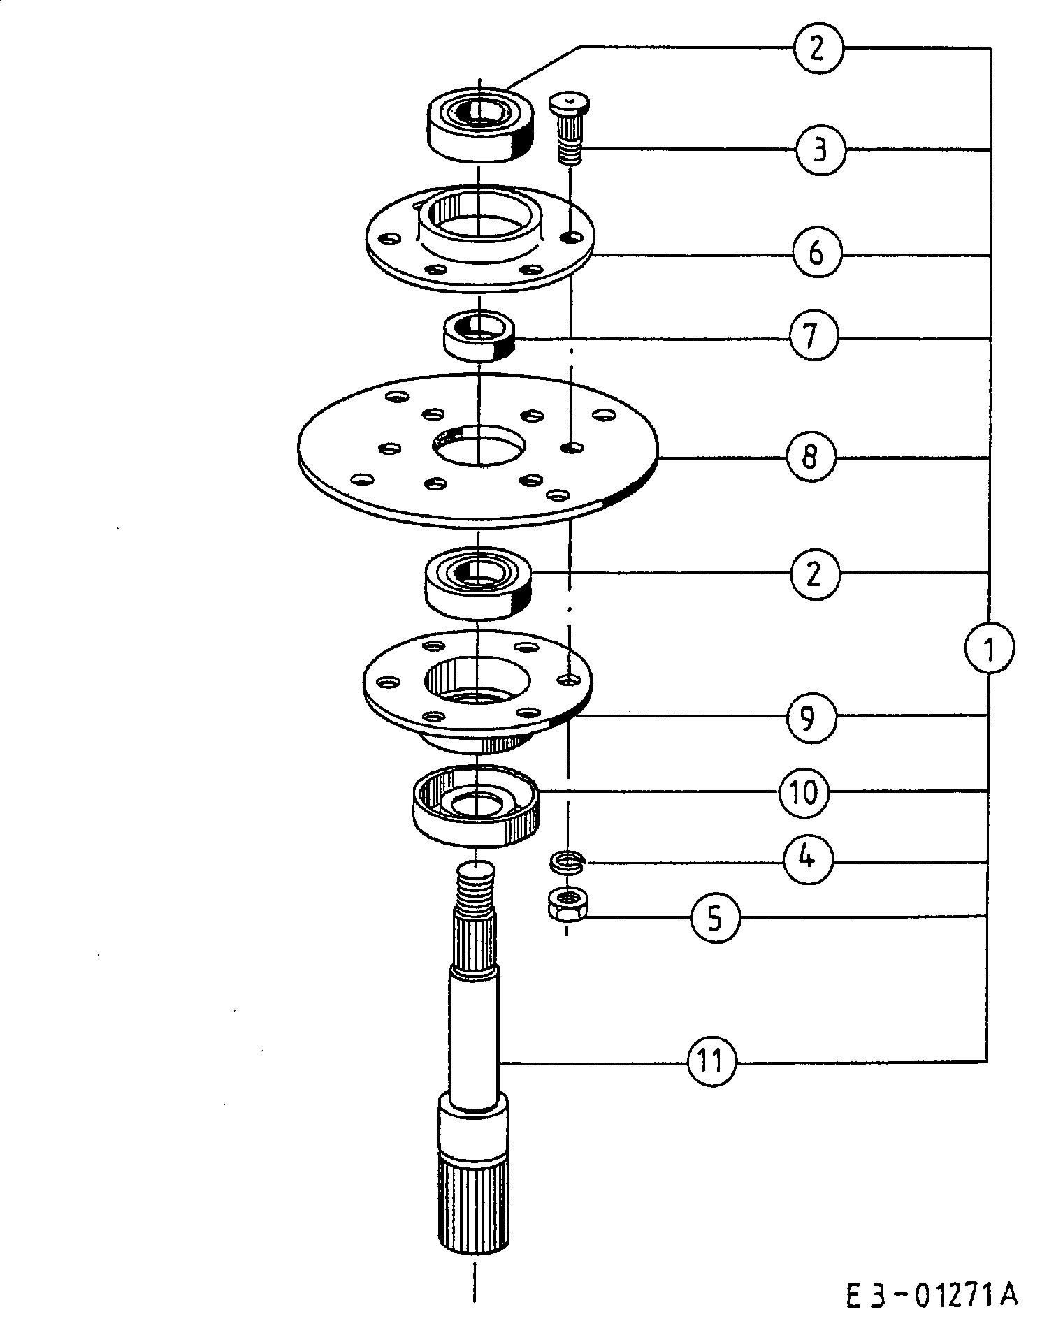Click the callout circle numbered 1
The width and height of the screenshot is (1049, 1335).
989,648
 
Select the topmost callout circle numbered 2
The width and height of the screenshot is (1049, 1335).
818,48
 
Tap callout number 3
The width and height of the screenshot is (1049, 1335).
820,149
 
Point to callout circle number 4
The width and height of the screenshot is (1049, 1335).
808,858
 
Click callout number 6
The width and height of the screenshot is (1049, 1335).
816,253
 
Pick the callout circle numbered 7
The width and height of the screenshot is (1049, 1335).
813,337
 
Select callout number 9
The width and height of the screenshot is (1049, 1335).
811,717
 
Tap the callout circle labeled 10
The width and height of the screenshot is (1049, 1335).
804,792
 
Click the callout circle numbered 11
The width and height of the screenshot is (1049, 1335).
712,1063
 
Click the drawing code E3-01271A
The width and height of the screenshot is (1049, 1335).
932,1296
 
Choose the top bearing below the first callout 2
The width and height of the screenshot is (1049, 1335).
480,124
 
